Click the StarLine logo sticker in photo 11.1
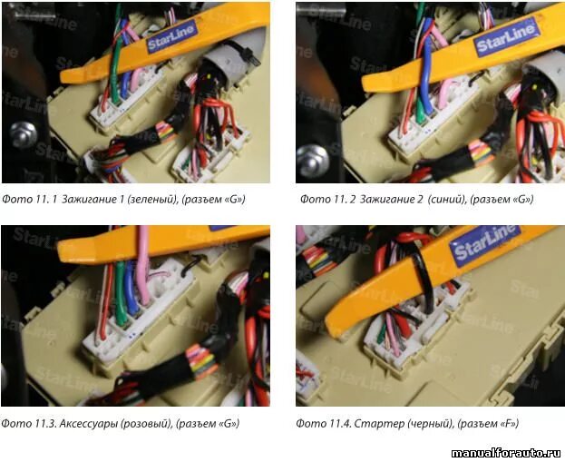coord(172,37)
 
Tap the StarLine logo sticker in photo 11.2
coord(506,37)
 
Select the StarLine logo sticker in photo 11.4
coord(484,245)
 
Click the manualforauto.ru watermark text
coord(506,453)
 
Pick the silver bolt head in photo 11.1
coord(24,134)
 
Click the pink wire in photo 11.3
coord(143,267)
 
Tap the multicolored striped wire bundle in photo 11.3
coord(201,361)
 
